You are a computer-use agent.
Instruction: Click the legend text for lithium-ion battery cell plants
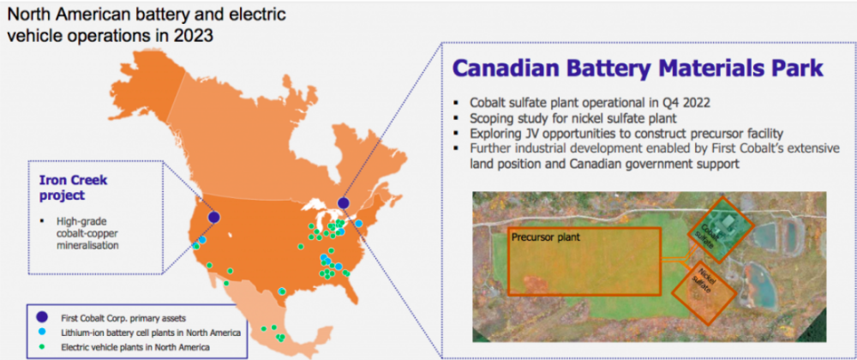(x=150, y=332)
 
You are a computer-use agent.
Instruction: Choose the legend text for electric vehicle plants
(x=135, y=347)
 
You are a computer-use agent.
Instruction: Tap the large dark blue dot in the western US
(x=214, y=218)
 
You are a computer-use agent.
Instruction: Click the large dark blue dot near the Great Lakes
(x=344, y=203)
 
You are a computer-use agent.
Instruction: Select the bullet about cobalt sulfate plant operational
(x=583, y=103)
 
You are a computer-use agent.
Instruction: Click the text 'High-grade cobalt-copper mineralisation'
(x=88, y=234)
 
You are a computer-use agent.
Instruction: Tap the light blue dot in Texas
(x=281, y=291)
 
